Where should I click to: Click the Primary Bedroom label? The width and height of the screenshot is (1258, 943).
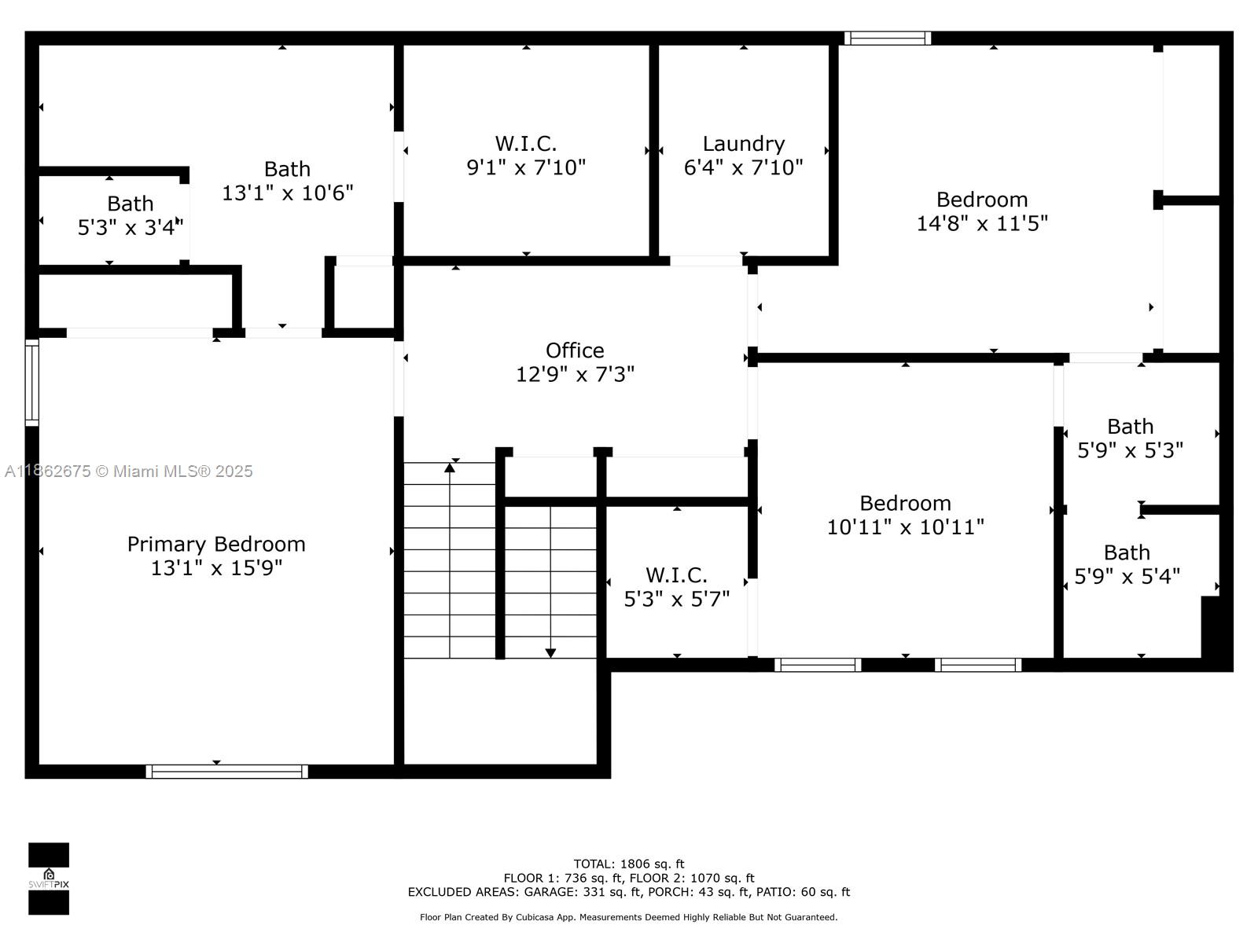coord(216,544)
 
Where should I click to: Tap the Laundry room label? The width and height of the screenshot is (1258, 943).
coord(743,144)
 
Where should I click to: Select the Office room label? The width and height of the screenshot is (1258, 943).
coord(575,350)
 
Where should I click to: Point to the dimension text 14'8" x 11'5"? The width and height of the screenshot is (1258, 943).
coord(982,223)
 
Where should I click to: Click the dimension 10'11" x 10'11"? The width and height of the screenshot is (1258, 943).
coord(905,527)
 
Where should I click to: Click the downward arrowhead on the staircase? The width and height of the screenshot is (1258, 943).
coord(550,653)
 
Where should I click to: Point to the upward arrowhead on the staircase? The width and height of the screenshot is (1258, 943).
coord(450,468)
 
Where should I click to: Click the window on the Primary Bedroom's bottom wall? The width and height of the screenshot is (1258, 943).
coord(226,771)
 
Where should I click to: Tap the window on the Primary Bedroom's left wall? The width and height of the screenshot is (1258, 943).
coord(32,383)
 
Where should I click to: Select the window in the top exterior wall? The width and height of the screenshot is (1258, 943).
coord(887,39)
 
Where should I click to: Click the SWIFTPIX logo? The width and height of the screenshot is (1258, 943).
coord(49,879)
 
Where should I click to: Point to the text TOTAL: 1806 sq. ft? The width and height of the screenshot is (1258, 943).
coord(629,864)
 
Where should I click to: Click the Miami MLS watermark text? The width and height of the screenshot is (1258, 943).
coord(128,472)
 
